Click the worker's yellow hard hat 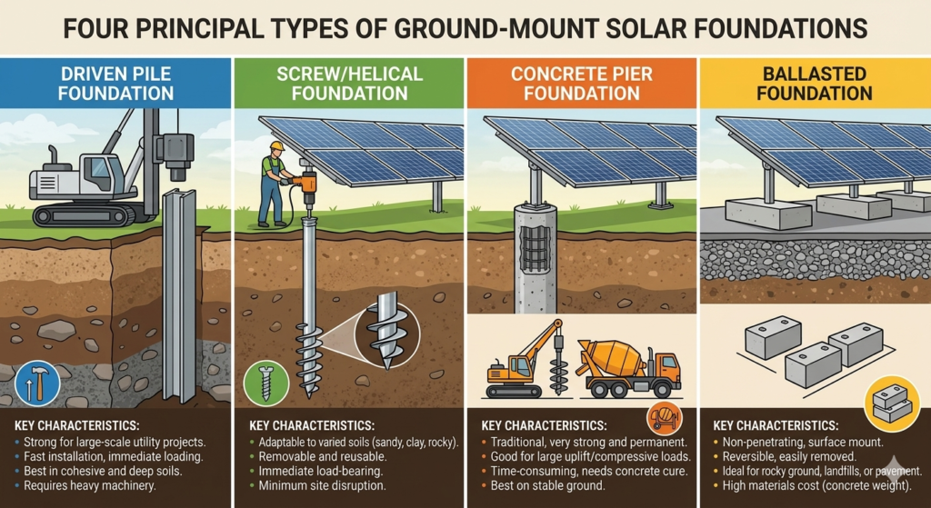tap(277, 145)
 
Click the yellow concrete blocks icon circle tap(891, 401)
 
